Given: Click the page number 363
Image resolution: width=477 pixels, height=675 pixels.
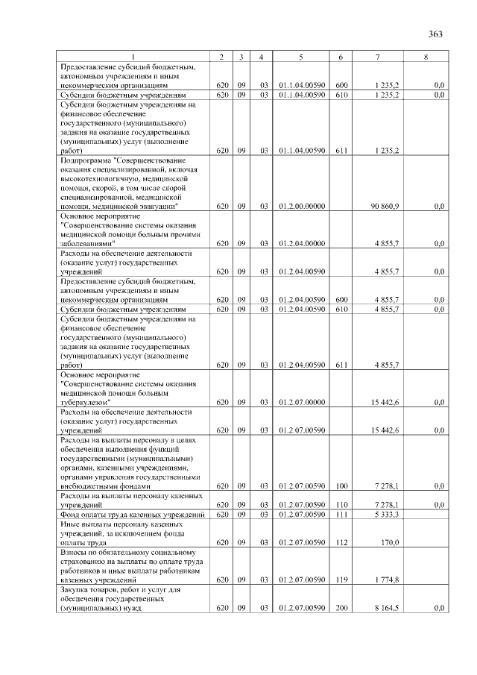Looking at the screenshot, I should (436, 34).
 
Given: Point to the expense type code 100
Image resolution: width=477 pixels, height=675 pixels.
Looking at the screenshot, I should (342, 486).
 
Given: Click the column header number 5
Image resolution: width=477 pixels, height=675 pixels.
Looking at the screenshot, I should (300, 57).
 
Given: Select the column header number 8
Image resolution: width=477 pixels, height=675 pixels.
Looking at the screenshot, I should (426, 57).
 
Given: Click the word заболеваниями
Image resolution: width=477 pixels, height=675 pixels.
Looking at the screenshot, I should (89, 243).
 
